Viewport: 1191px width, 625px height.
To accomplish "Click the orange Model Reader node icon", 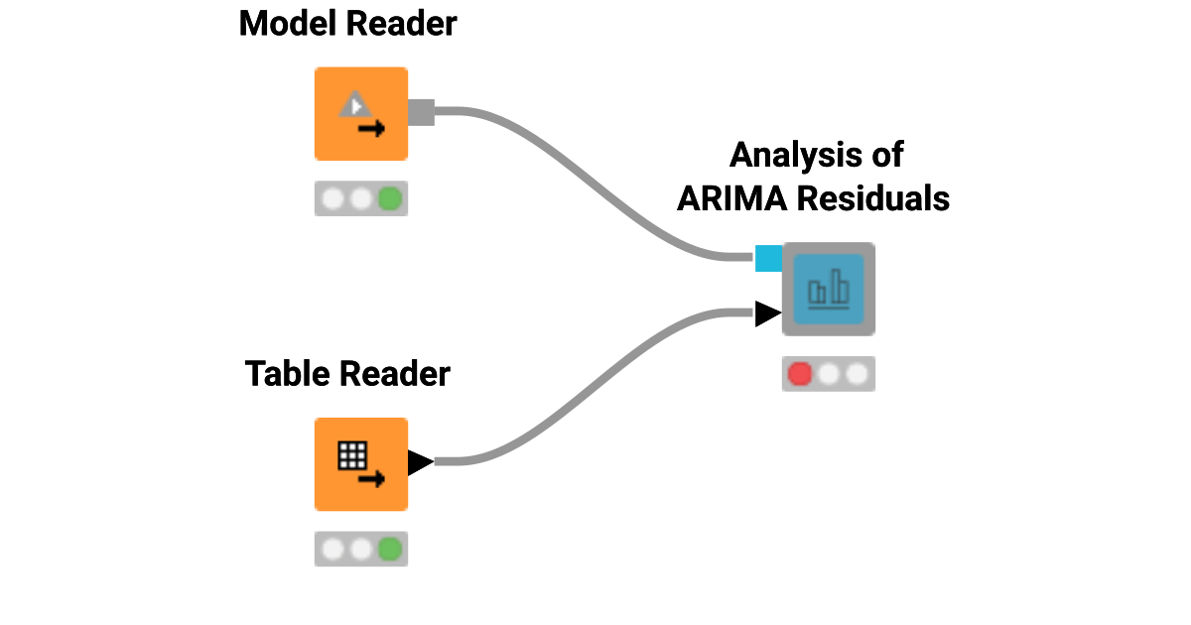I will pyautogui.click(x=361, y=113).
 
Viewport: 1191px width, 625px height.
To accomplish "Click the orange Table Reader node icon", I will pyautogui.click(x=361, y=463).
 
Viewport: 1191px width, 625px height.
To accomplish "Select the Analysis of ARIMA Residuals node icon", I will pyautogui.click(x=829, y=289).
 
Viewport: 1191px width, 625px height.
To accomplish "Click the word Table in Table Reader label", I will pyautogui.click(x=288, y=374).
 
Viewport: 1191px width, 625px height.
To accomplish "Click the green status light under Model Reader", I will pyautogui.click(x=390, y=198).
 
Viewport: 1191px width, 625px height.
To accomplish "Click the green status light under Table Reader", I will pyautogui.click(x=390, y=549).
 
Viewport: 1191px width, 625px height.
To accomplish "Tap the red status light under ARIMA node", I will pyautogui.click(x=799, y=374).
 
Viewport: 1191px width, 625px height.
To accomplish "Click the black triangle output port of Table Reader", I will pyautogui.click(x=419, y=462).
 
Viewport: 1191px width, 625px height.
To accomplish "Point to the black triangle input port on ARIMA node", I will pyautogui.click(x=766, y=314).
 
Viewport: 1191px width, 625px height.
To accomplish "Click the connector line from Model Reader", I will pyautogui.click(x=595, y=179).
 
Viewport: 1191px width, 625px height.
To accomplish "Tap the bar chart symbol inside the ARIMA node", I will pyautogui.click(x=829, y=289).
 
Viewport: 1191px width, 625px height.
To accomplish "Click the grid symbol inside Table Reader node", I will pyautogui.click(x=352, y=455).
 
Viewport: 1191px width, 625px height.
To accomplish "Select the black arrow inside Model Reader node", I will pyautogui.click(x=371, y=129).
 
